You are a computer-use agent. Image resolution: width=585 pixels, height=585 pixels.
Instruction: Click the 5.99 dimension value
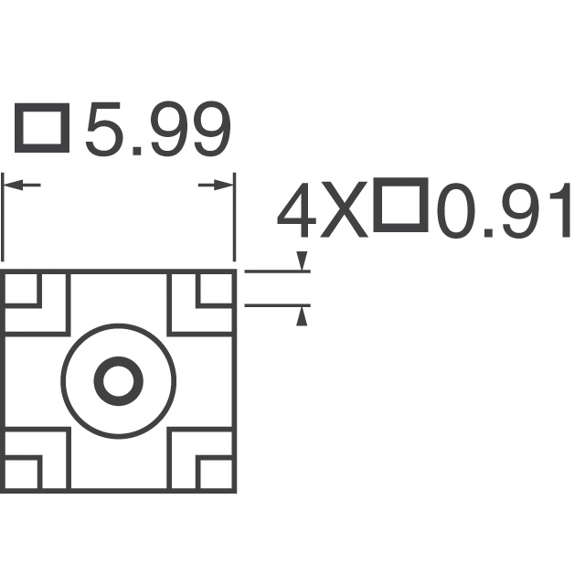[158, 129]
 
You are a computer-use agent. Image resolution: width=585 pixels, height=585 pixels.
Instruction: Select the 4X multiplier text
[323, 210]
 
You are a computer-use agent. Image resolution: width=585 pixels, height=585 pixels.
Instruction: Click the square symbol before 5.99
[42, 128]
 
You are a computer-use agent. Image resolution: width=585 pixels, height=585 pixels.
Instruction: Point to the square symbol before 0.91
[400, 205]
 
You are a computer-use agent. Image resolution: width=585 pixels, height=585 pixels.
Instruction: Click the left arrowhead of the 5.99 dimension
[13, 185]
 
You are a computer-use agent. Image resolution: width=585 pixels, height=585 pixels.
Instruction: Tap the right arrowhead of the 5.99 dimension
[224, 185]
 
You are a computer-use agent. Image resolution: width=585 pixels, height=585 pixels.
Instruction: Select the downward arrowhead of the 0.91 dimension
[302, 261]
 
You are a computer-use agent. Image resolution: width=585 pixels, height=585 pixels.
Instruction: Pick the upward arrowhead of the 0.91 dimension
[302, 316]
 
